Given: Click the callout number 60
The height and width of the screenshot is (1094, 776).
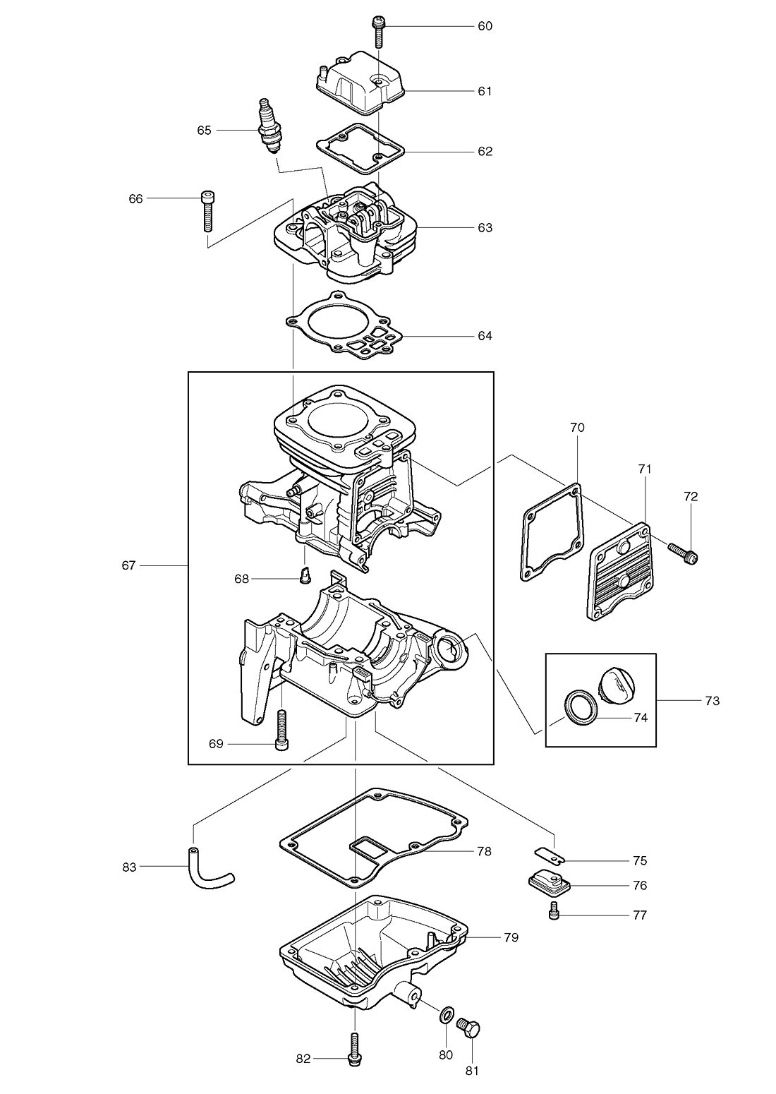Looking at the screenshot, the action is tap(485, 26).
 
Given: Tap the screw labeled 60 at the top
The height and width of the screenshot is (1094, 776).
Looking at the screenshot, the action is tap(378, 31).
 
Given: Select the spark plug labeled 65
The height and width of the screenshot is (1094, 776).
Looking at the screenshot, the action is tap(269, 126).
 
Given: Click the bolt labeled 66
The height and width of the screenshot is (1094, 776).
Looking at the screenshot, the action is tap(208, 210).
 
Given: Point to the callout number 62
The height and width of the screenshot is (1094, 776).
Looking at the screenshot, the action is tap(485, 152).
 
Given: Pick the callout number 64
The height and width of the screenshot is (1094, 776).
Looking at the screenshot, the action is tap(485, 336).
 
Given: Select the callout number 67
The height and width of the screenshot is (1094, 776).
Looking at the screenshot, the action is tap(129, 565).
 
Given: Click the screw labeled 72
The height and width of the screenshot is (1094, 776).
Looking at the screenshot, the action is tap(684, 553).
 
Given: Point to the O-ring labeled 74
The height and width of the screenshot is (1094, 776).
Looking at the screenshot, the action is tap(578, 707).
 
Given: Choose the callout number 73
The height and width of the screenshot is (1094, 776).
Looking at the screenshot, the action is tap(713, 701).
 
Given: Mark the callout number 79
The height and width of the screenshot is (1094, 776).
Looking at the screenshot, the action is tap(511, 937).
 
